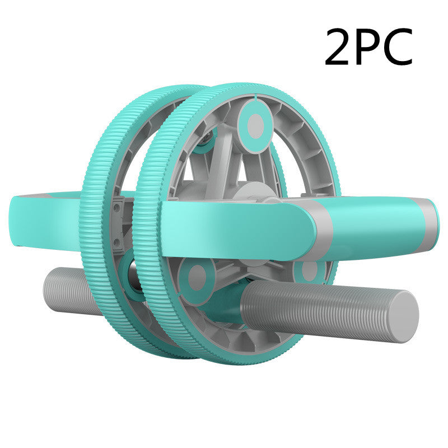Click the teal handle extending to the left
pyautogui.click(x=45, y=218)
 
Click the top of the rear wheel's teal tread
pyautogui.click(x=162, y=91)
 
